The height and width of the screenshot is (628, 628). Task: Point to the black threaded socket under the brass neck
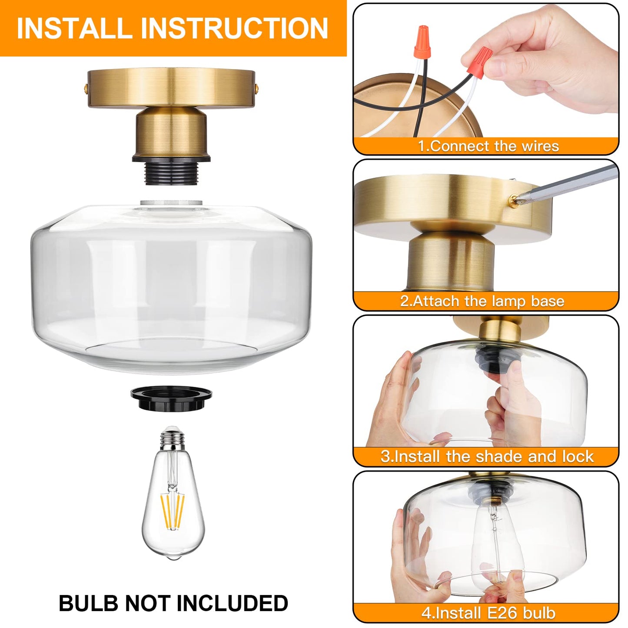click(x=172, y=171)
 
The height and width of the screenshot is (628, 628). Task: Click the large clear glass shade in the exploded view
click(x=172, y=282)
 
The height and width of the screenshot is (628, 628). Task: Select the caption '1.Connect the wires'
click(x=488, y=146)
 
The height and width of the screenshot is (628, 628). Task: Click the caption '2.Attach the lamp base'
click(x=482, y=301)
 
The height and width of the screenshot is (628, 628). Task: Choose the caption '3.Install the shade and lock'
click(x=487, y=456)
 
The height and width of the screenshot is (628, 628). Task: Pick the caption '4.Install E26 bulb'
click(x=488, y=613)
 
